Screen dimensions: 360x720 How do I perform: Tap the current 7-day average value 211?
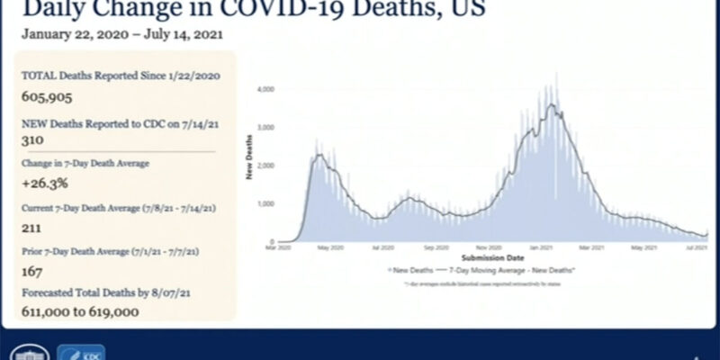coord(32,228)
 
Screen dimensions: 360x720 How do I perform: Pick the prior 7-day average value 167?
coord(32,269)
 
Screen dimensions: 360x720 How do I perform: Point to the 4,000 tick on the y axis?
coord(265,90)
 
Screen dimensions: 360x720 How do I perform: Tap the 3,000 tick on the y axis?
coord(265,128)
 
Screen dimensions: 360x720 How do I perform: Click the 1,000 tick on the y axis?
coord(265,203)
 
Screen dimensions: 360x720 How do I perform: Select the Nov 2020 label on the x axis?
coord(488,247)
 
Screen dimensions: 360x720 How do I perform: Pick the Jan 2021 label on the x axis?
coord(541,247)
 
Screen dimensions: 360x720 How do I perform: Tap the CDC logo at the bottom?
coord(81,354)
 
